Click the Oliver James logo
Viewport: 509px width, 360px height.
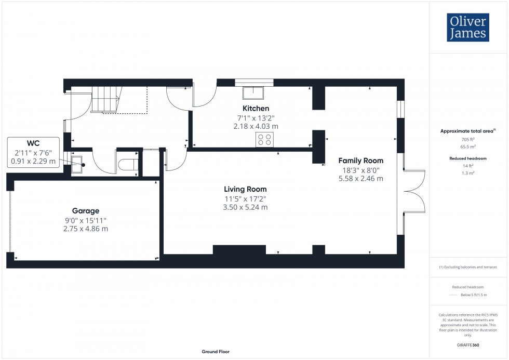click(x=467, y=28)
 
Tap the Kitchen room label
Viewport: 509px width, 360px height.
click(x=256, y=109)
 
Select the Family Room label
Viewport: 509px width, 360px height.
click(x=361, y=161)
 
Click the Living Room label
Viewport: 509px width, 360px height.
click(x=246, y=189)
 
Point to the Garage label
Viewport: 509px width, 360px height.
click(x=86, y=211)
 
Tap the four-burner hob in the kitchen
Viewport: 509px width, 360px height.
click(x=264, y=139)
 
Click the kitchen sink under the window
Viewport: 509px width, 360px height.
click(x=253, y=92)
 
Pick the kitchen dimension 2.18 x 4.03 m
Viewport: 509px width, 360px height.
click(x=256, y=126)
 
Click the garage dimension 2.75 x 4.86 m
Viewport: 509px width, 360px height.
click(x=86, y=229)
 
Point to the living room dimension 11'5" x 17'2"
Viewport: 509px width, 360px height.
click(x=246, y=198)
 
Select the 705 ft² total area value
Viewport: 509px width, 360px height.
click(x=468, y=140)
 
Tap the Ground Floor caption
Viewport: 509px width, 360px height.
click(x=216, y=352)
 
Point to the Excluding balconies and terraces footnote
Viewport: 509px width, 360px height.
click(x=468, y=267)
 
